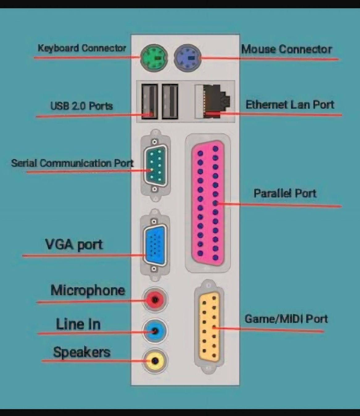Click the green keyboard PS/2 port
[154, 58]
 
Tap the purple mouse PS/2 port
[188, 58]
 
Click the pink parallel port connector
[208, 203]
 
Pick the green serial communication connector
[155, 166]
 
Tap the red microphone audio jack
[155, 300]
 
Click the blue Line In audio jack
[155, 331]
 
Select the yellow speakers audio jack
[155, 361]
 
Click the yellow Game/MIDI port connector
[209, 327]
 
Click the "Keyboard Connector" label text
[82, 48]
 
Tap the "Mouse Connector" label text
[287, 49]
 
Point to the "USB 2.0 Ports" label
[81, 106]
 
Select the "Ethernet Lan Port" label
[290, 105]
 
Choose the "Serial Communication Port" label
[72, 163]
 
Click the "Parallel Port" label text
[285, 193]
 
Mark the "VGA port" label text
[74, 245]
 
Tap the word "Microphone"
[88, 290]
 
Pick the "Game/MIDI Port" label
[286, 319]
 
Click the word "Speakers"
[82, 352]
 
